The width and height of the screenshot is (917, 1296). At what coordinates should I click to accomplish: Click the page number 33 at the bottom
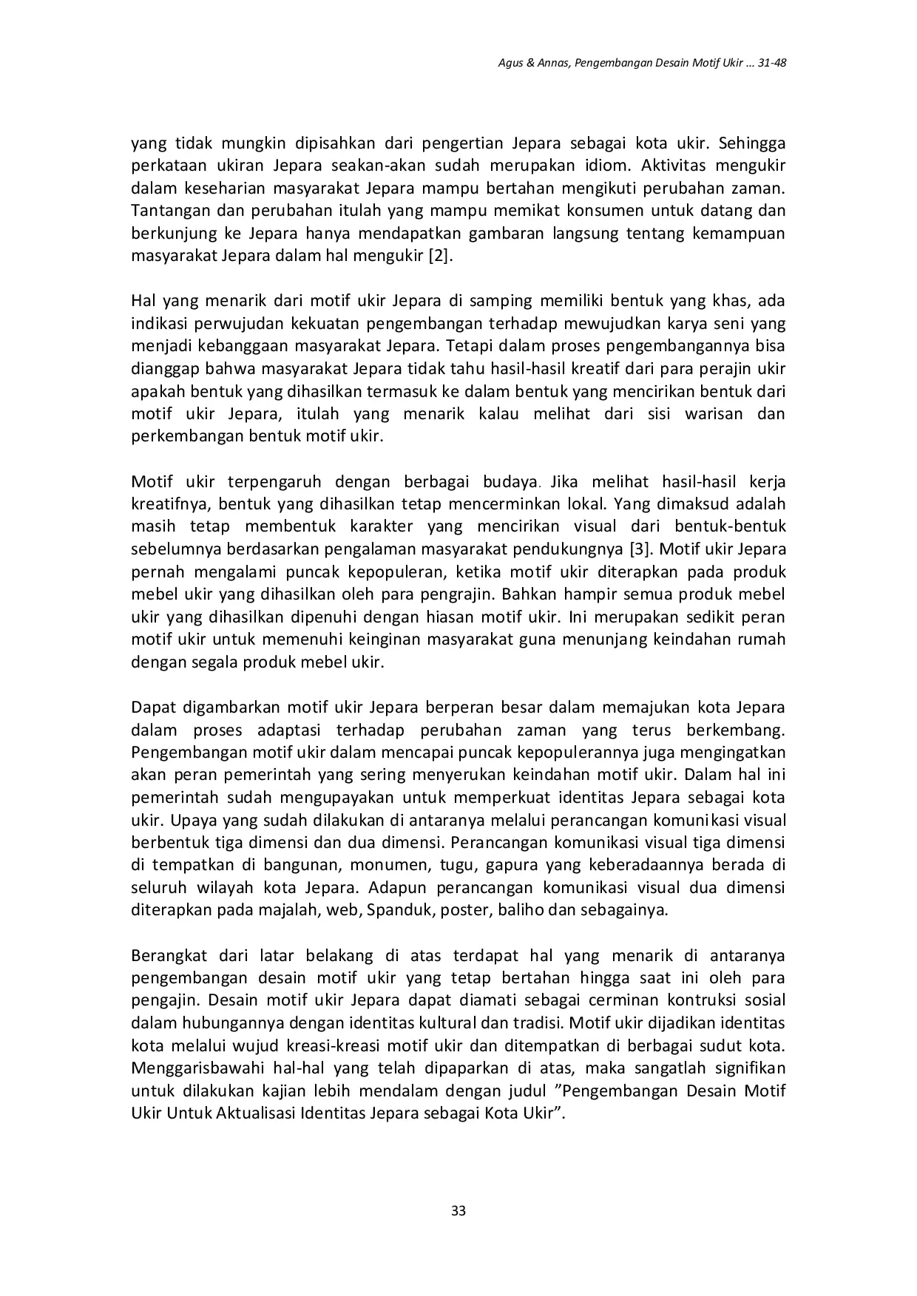pos(458,1211)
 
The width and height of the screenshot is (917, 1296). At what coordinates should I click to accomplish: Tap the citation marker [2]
pos(441,257)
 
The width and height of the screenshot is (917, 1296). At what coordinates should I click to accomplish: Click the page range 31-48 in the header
pos(768,63)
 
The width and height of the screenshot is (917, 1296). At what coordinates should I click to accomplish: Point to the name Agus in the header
pos(510,63)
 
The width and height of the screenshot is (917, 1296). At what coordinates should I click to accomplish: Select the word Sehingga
pos(751,142)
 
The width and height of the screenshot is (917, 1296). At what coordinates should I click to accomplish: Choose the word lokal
pos(583,504)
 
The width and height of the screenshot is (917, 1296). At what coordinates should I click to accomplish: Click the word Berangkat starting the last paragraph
pos(166,956)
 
